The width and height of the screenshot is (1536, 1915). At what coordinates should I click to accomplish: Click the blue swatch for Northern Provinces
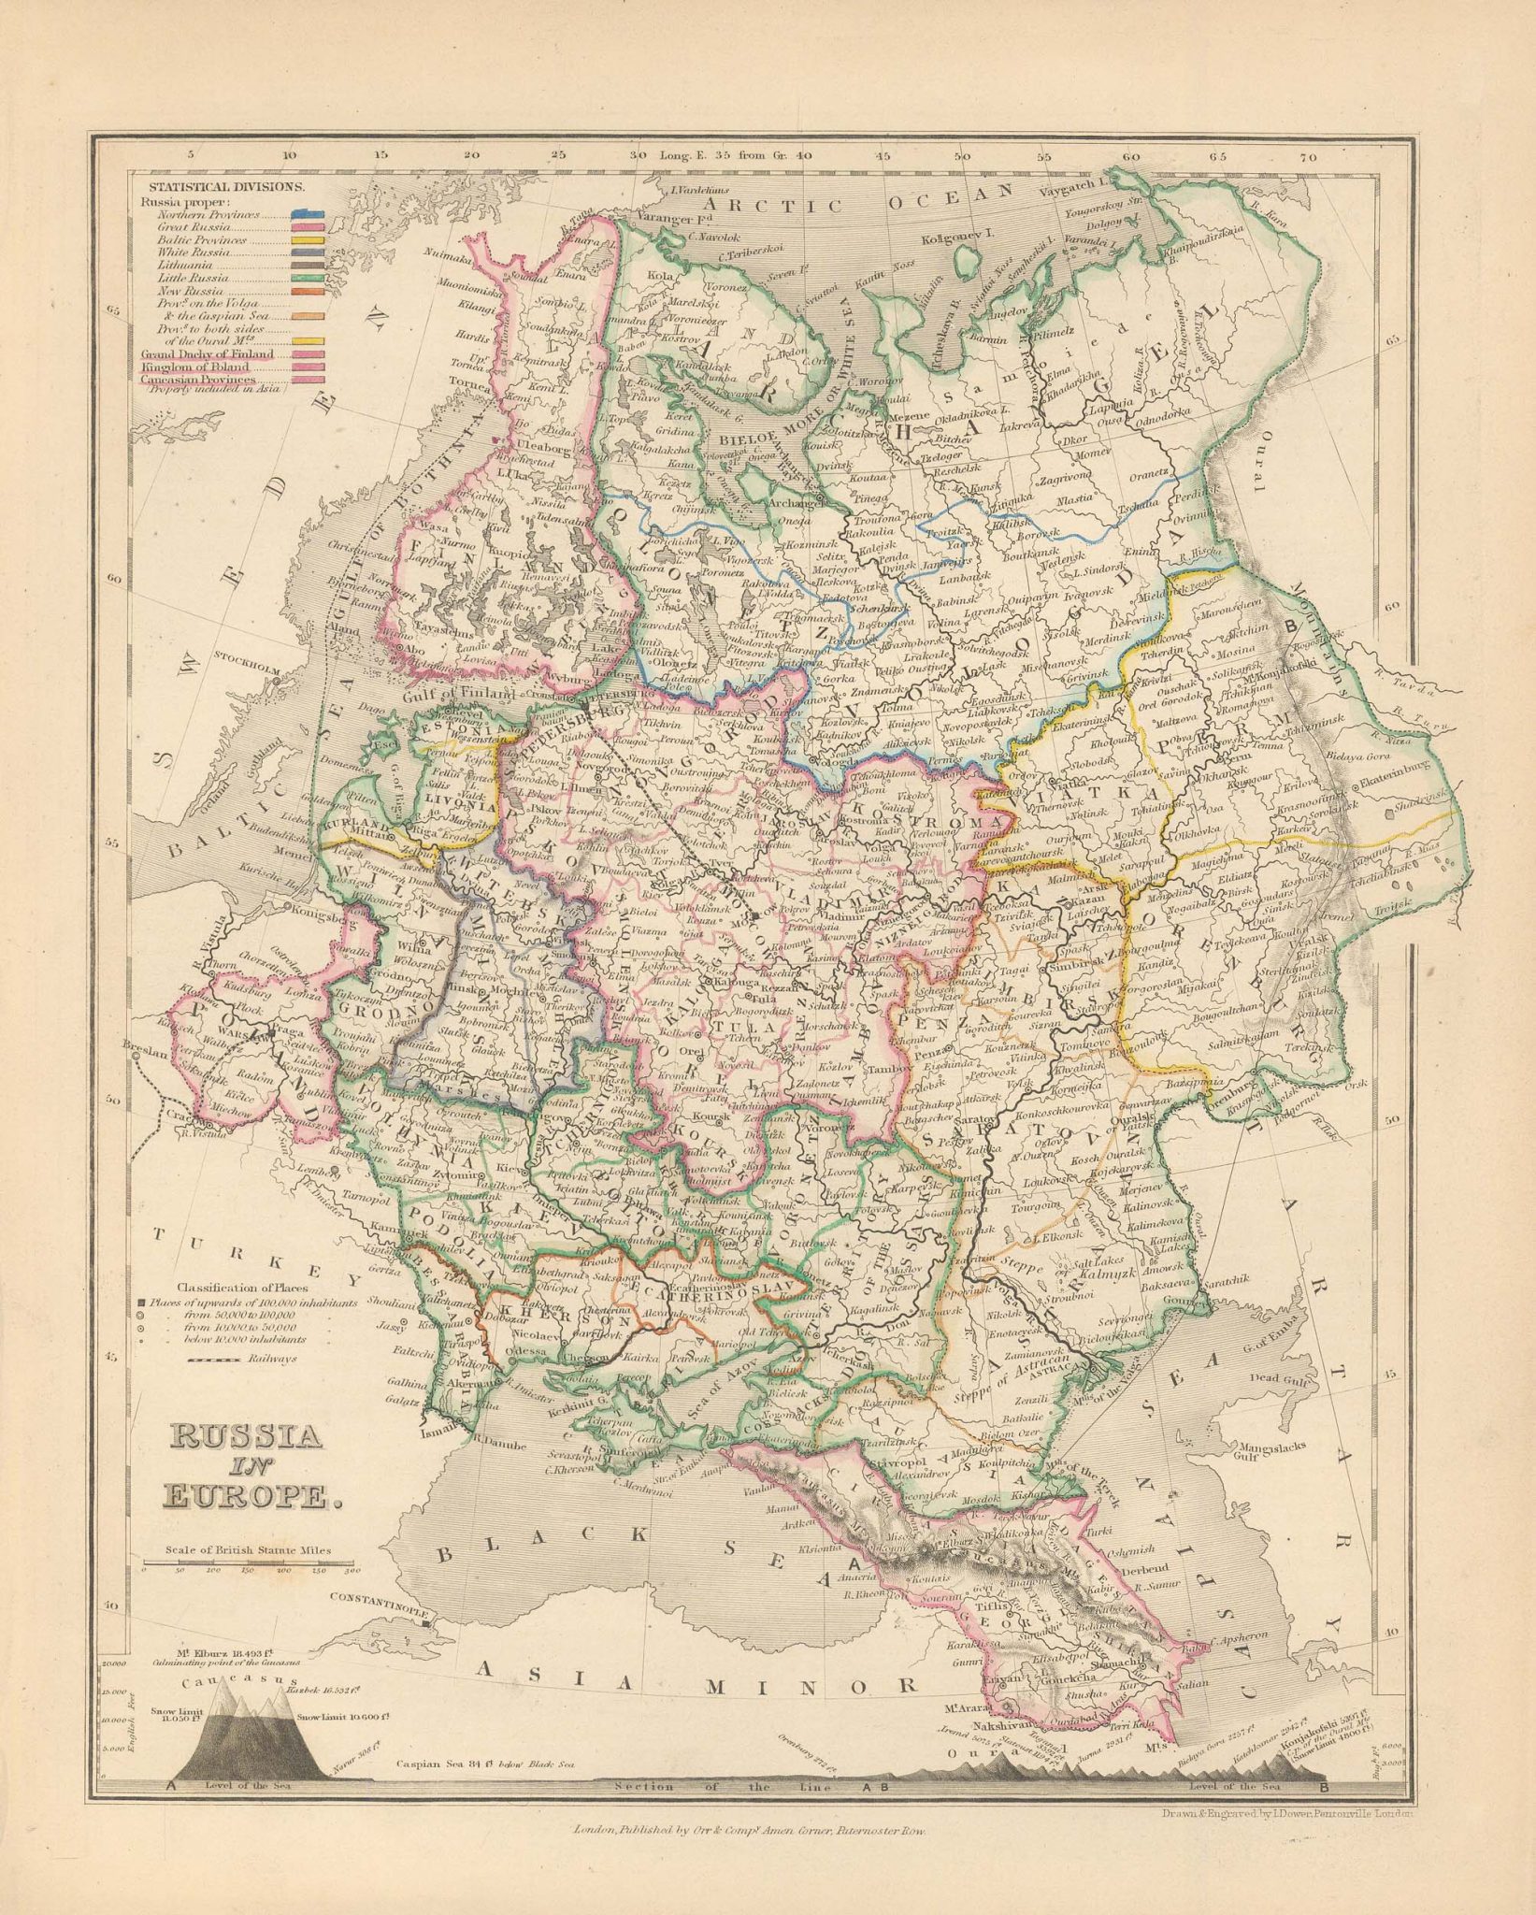coord(309,214)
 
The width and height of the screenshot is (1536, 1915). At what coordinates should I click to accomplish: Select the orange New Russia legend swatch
coord(309,293)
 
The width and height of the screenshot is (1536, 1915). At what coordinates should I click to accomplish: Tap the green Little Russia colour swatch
coord(309,280)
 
